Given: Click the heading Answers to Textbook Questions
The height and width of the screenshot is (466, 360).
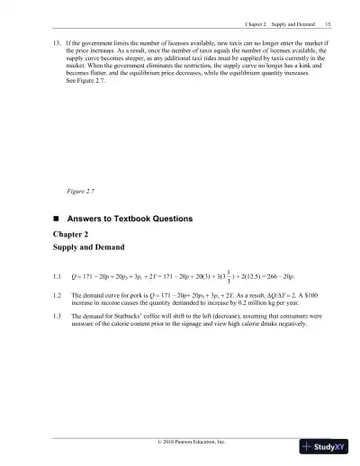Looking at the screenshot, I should pos(135,219).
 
